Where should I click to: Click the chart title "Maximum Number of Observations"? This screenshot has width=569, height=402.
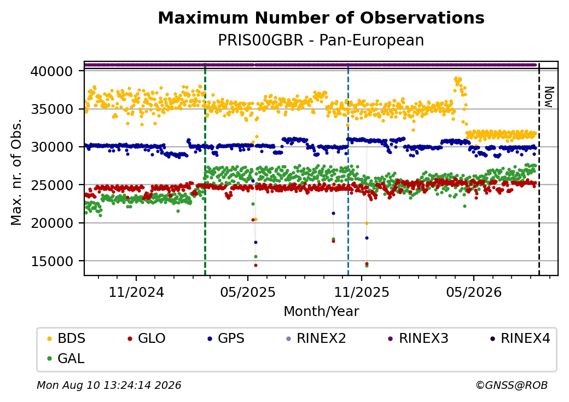point(321,18)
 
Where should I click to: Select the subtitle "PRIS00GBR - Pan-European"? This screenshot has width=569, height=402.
point(321,41)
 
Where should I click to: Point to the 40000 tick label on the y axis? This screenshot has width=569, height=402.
point(52,71)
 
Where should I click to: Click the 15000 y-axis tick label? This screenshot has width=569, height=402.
point(52,261)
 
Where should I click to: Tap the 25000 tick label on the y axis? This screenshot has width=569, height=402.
point(52,185)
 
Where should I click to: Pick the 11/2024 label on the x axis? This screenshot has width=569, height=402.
point(136,292)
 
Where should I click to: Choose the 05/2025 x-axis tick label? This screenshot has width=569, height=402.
point(248,292)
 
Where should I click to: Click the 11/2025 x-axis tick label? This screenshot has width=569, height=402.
point(362,292)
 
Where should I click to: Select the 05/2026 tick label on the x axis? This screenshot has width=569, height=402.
point(474,292)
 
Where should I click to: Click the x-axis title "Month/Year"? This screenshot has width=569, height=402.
point(321,312)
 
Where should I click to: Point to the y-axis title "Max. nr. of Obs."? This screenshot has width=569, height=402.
point(16,172)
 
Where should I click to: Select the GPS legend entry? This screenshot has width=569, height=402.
point(226,338)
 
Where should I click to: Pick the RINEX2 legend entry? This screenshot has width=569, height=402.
point(316,338)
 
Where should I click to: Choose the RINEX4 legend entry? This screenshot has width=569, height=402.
point(520,338)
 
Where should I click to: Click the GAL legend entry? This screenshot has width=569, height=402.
point(66,358)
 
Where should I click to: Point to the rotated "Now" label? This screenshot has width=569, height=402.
point(549,97)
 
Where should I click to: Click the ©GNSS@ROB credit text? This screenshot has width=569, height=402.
point(512,385)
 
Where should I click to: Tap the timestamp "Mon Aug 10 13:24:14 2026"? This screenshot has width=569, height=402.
point(109,385)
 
